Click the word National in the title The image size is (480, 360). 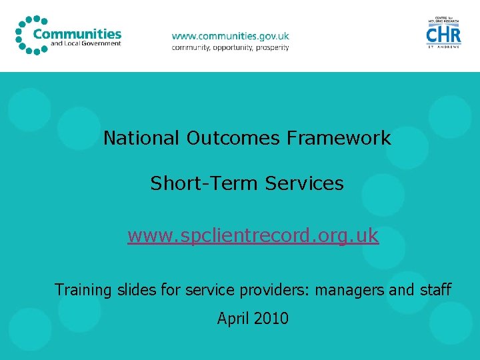[142, 139]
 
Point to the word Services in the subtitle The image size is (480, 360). [304, 183]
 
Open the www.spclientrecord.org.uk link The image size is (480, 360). [253, 236]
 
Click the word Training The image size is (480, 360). [83, 290]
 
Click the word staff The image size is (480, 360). [436, 290]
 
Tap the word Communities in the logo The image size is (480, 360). [77, 34]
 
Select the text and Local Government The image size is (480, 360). [86, 44]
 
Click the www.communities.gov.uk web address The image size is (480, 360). [231, 36]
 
